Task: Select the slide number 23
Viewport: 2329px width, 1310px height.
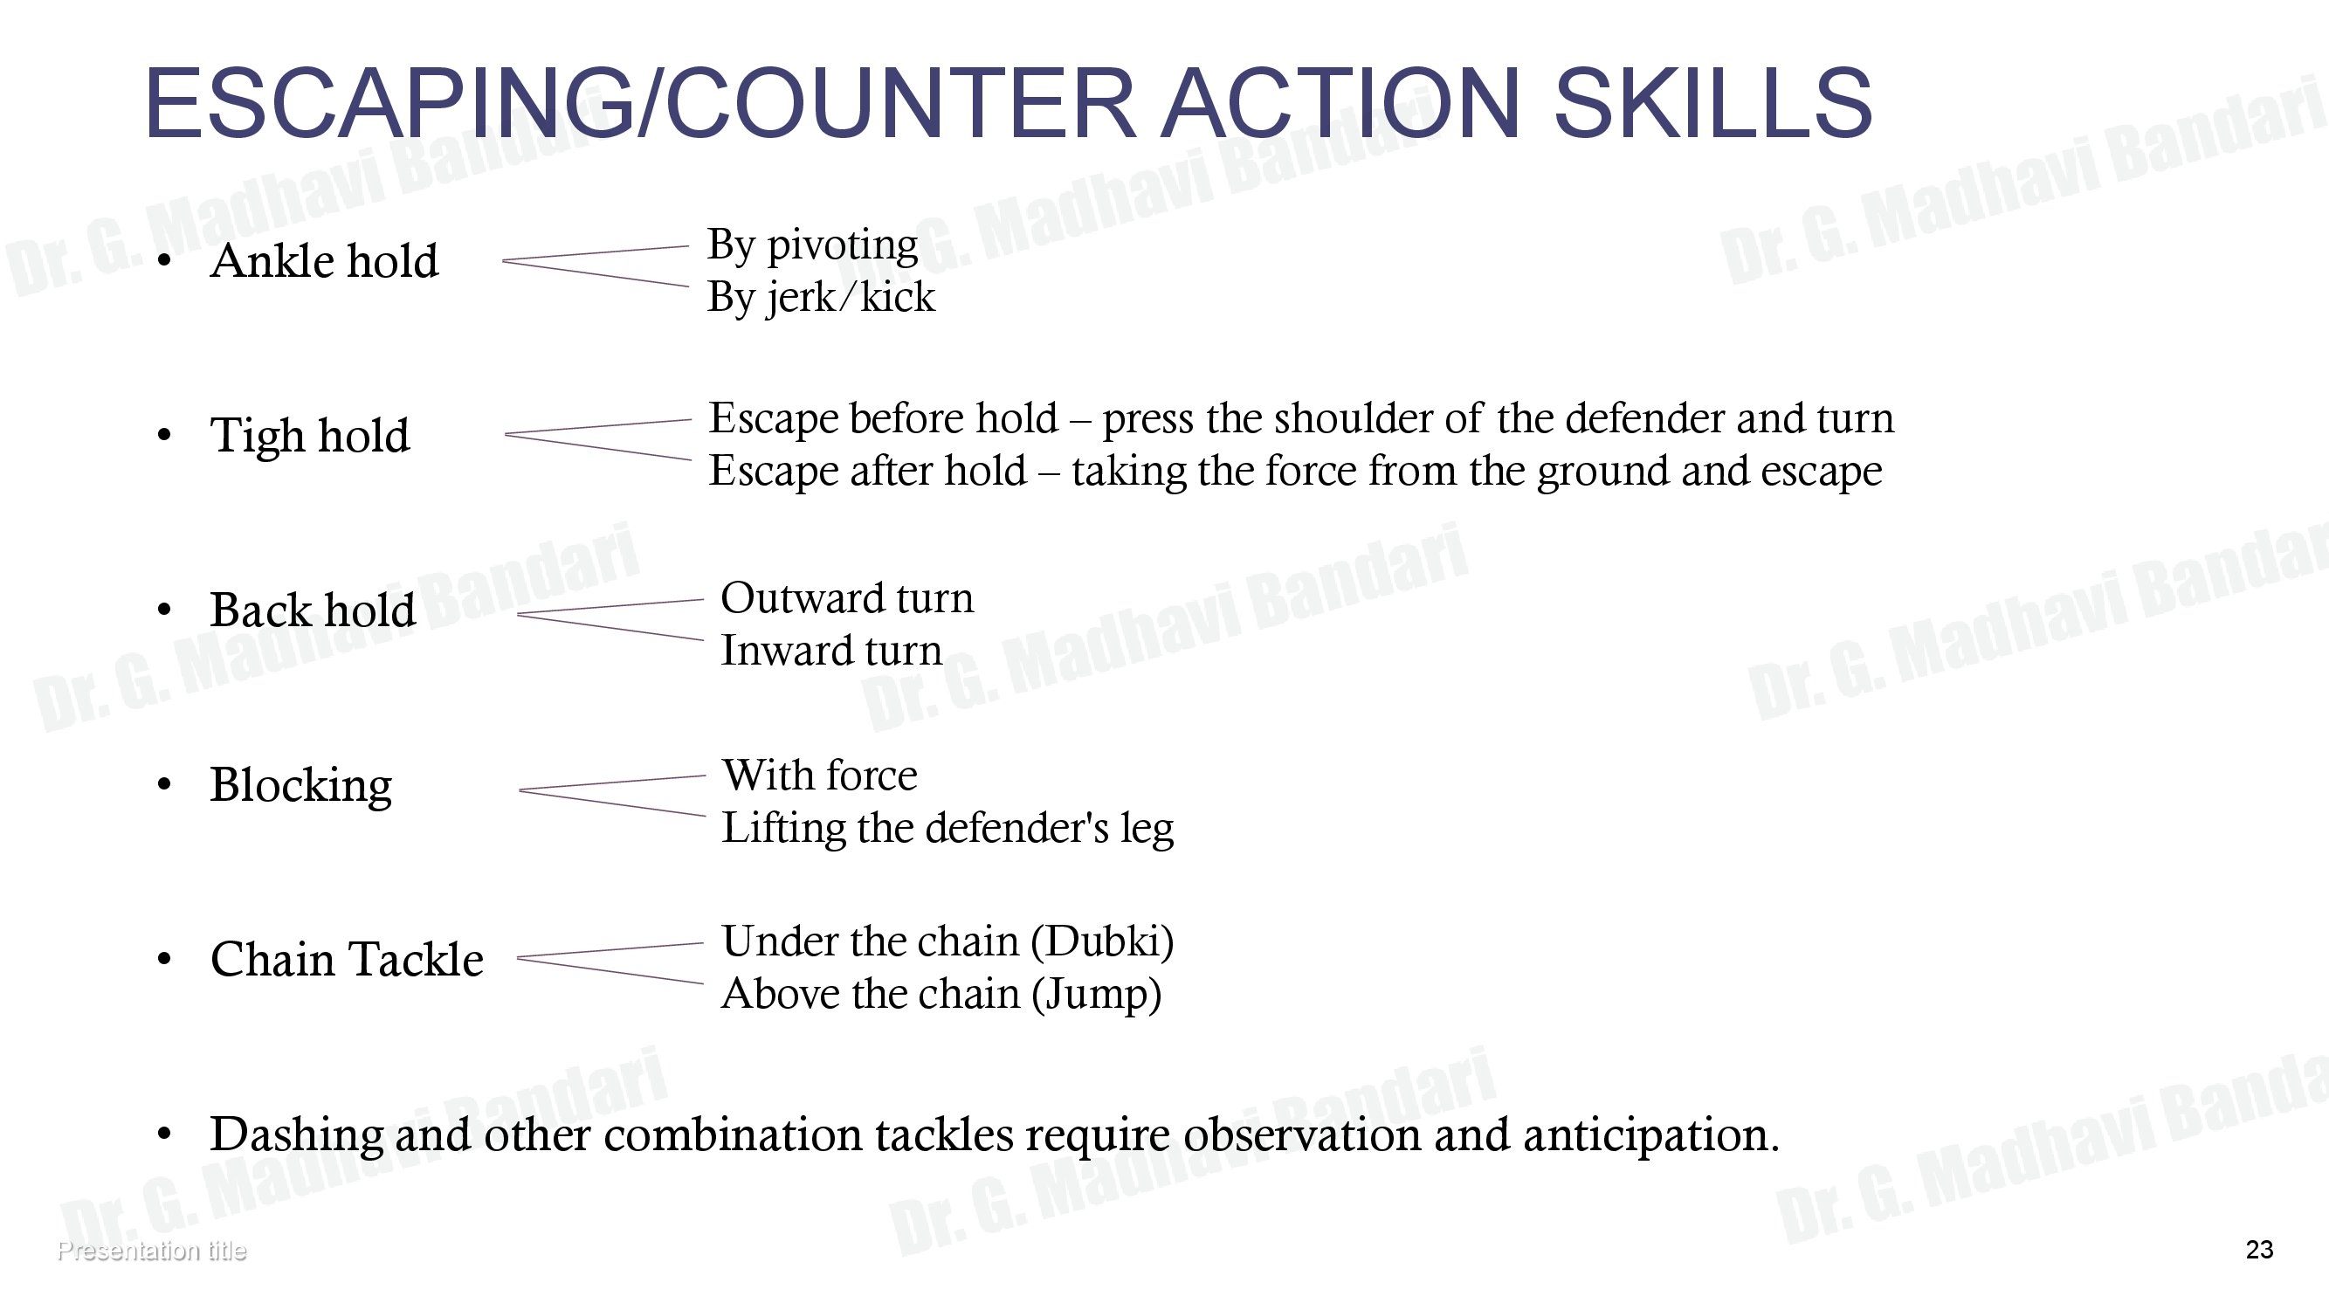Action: [2258, 1250]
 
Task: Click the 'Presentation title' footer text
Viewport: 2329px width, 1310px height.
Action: [151, 1251]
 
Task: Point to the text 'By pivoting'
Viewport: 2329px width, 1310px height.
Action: [812, 245]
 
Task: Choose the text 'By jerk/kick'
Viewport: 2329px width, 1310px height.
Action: [821, 298]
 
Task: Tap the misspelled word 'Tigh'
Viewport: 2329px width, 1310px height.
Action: [257, 437]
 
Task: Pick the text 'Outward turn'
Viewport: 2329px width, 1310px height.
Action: [847, 597]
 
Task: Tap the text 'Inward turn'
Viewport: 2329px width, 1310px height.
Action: [830, 650]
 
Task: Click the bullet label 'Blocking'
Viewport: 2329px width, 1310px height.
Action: [301, 786]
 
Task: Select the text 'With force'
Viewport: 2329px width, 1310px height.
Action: [819, 775]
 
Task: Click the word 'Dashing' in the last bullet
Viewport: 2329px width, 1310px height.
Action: [297, 1135]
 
